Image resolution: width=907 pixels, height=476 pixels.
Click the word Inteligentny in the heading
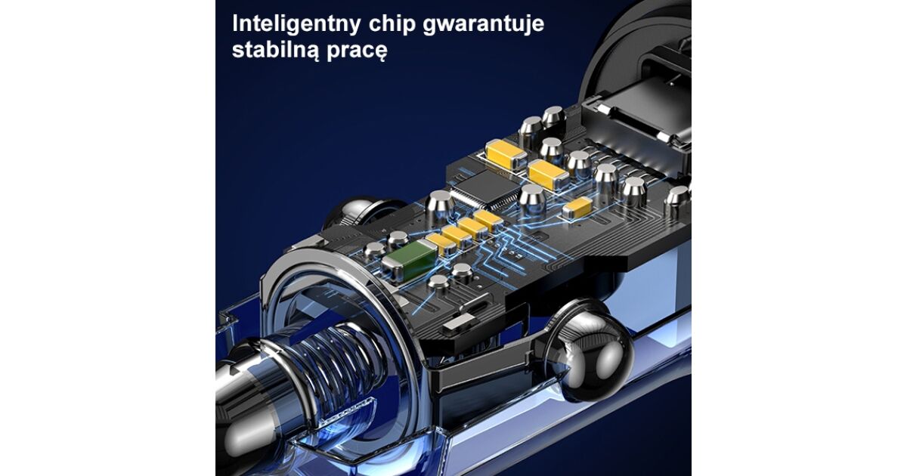[296, 24]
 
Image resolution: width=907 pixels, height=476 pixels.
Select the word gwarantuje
[484, 25]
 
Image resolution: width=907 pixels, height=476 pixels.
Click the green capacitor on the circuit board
[410, 259]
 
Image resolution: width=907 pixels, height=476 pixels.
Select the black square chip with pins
[485, 190]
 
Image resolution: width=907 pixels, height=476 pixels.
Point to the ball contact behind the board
[361, 212]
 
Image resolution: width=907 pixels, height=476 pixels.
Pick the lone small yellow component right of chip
[577, 209]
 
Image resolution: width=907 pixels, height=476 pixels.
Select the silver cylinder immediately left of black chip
[440, 207]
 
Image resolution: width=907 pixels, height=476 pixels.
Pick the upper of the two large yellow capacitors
[506, 155]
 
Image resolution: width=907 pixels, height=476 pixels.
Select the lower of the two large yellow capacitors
[549, 175]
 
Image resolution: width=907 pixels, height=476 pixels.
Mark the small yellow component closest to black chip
[488, 221]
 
